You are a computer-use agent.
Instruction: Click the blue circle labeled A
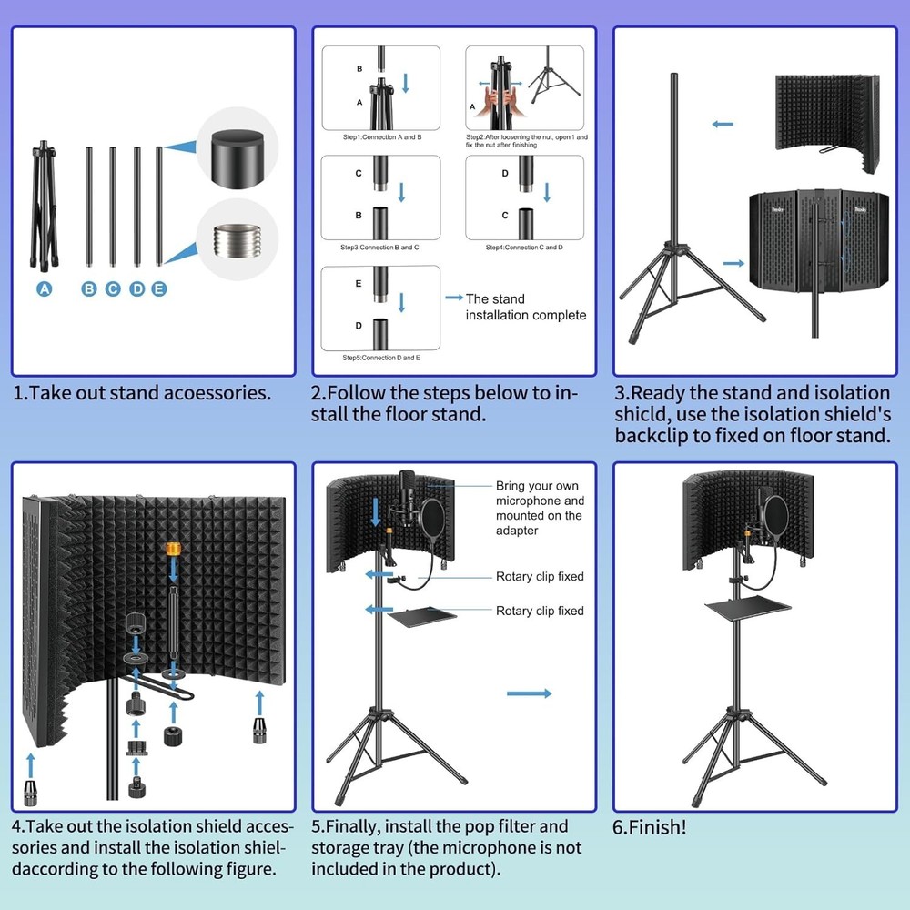tap(44, 288)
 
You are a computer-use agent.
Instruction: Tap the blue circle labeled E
tap(159, 288)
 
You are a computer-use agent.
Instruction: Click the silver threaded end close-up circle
tap(237, 243)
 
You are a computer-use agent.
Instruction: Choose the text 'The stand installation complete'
tap(526, 307)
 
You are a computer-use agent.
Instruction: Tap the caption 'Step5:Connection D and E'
tap(381, 358)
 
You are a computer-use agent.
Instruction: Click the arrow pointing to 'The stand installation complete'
tap(453, 298)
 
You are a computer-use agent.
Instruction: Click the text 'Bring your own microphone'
tap(540, 493)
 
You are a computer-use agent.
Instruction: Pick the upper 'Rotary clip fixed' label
tap(540, 576)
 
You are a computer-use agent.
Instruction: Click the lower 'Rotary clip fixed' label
tap(540, 611)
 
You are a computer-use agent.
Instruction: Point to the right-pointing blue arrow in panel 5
tap(529, 693)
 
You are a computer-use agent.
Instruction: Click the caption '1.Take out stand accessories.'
tap(142, 393)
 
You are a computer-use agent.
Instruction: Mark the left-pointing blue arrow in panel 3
tap(723, 124)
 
